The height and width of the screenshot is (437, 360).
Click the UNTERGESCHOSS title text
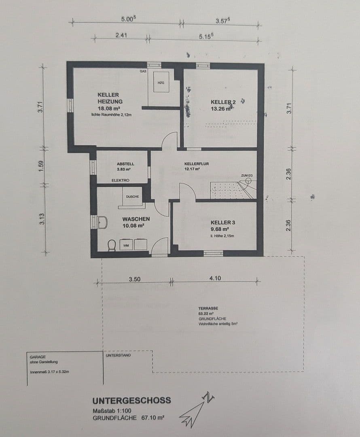click(x=131, y=401)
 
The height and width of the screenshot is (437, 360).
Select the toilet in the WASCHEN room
click(x=112, y=245)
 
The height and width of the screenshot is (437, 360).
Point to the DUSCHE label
click(x=132, y=197)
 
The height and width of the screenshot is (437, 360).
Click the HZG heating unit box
click(x=161, y=83)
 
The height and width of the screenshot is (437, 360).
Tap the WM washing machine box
click(x=126, y=245)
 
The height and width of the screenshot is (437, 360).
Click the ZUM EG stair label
click(x=247, y=175)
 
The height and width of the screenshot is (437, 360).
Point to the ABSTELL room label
click(x=125, y=164)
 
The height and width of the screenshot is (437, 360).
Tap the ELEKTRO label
click(x=120, y=180)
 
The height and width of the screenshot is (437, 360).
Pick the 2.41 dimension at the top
click(x=121, y=35)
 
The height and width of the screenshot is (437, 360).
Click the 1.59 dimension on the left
click(x=40, y=166)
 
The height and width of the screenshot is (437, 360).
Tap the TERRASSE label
click(x=208, y=308)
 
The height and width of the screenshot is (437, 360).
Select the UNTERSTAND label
click(x=118, y=355)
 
